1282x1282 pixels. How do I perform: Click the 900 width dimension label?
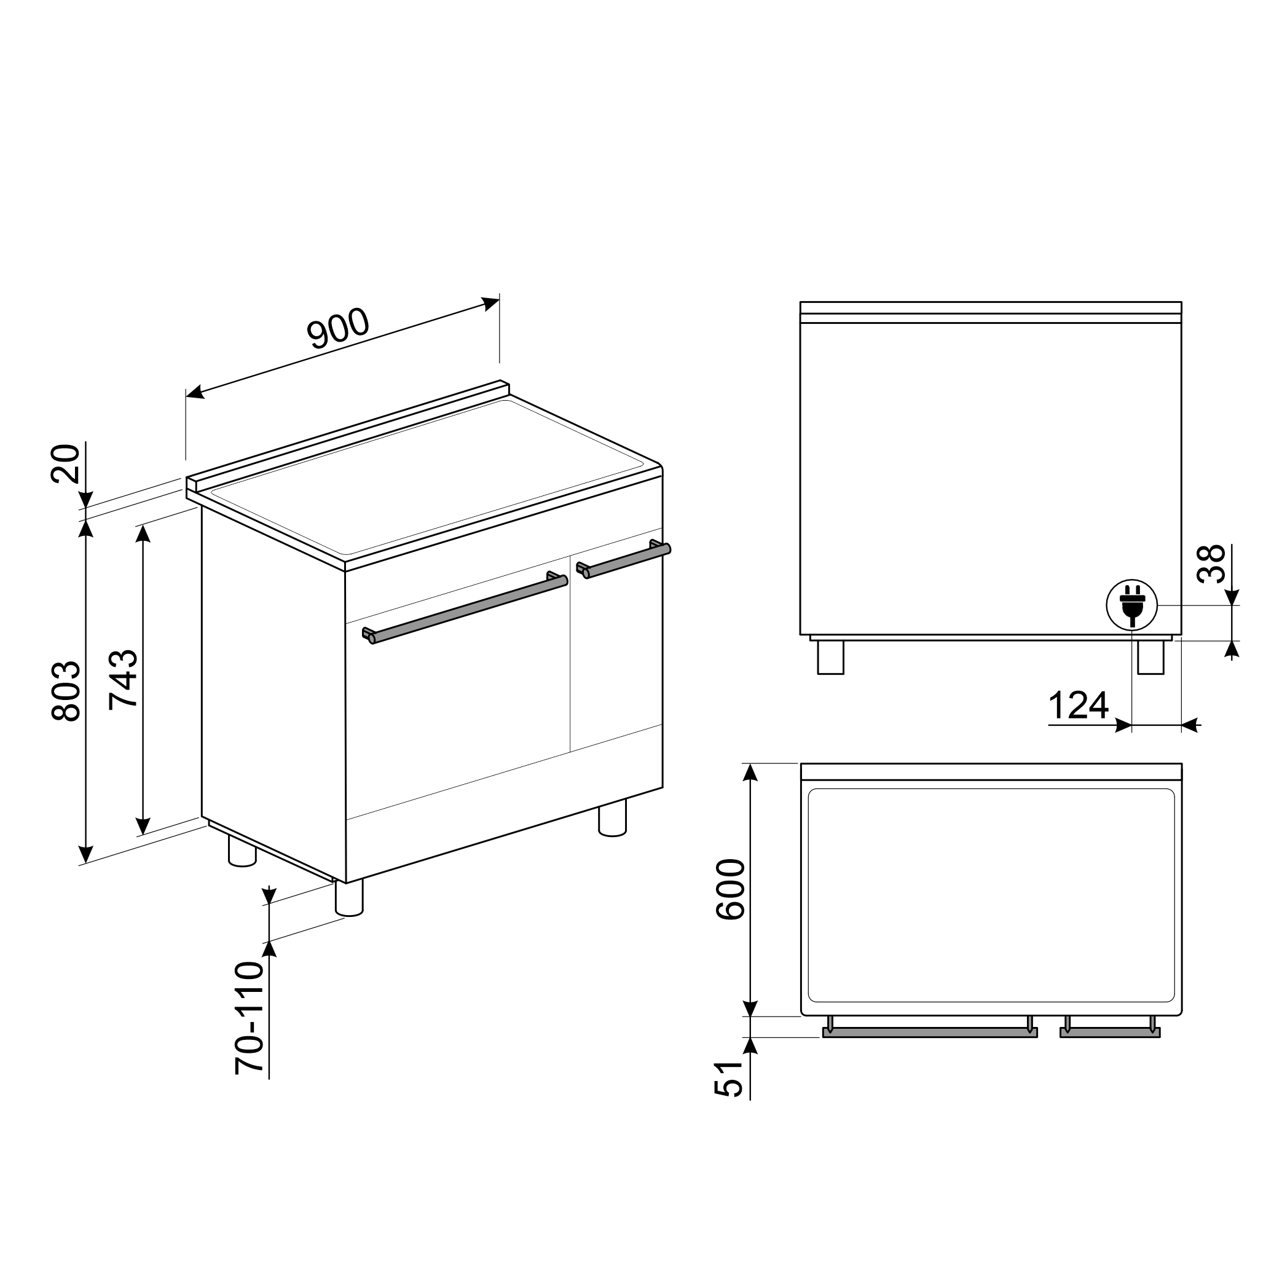(x=338, y=328)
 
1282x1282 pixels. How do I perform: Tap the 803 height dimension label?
(x=66, y=691)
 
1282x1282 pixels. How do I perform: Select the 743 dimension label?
(x=124, y=680)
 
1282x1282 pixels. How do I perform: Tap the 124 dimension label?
(x=1079, y=706)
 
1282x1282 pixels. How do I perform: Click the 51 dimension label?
(x=728, y=1079)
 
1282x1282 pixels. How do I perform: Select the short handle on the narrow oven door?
(x=624, y=560)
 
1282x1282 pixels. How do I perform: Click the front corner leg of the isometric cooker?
(x=349, y=899)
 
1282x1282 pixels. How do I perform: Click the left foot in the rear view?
(x=830, y=657)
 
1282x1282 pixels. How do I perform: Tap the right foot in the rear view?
(x=1150, y=657)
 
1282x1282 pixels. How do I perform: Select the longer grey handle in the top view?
(x=929, y=1032)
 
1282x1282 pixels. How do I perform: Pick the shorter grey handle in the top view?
(x=1109, y=1032)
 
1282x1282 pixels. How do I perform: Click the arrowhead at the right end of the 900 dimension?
(x=492, y=303)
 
